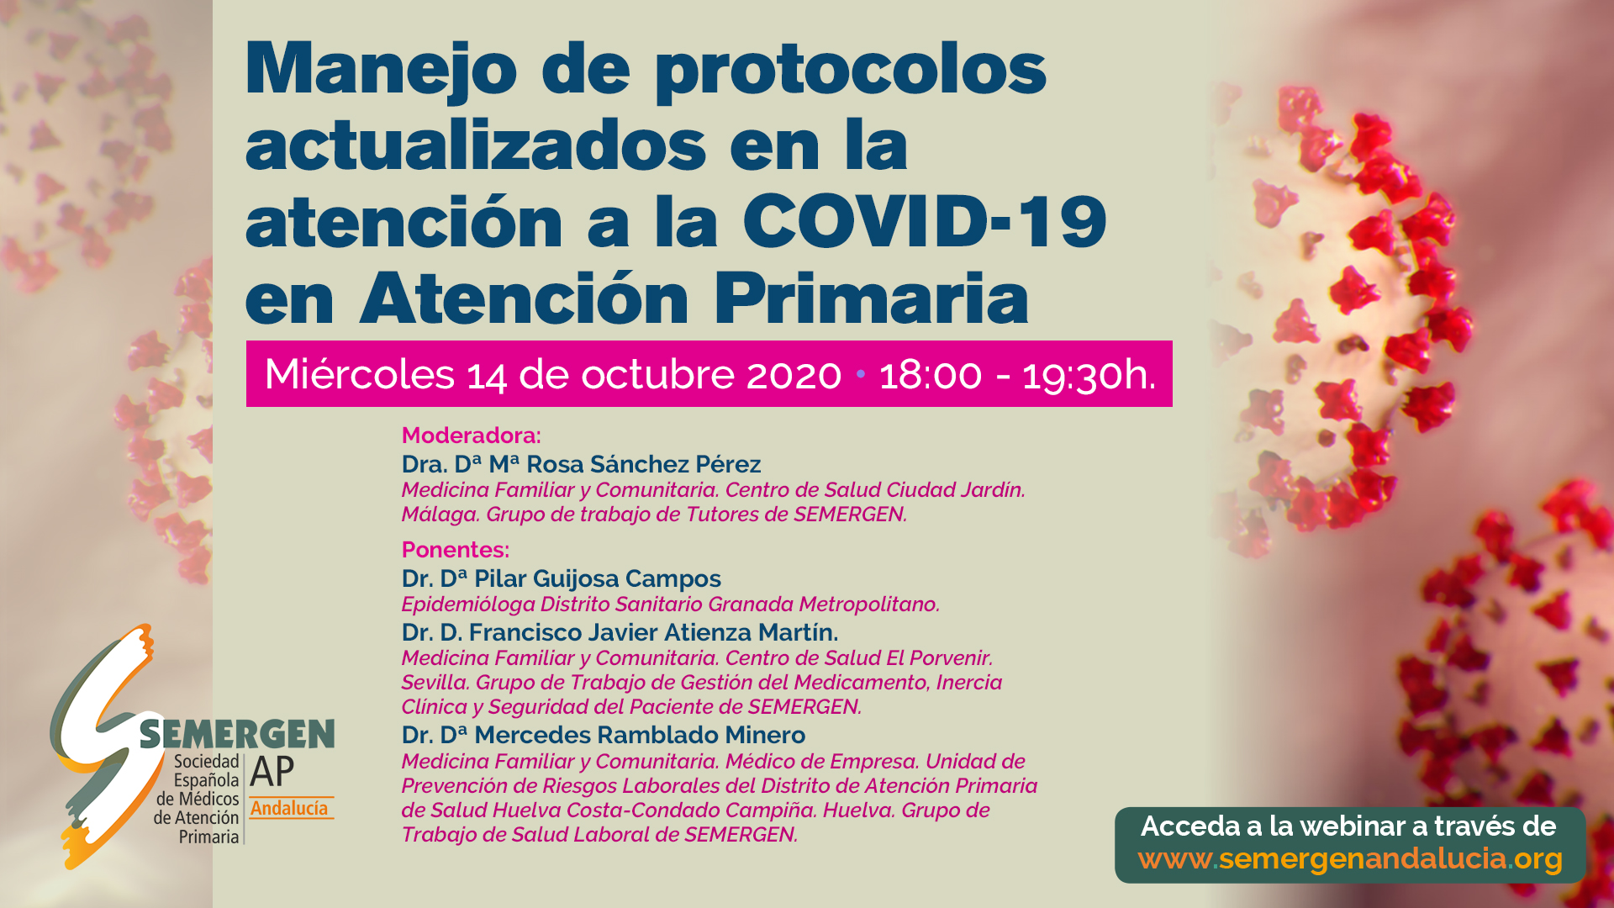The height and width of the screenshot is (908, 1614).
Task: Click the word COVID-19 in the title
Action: [925, 221]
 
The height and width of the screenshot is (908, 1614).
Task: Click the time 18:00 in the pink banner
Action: [931, 375]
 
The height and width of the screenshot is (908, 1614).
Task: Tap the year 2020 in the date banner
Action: [794, 375]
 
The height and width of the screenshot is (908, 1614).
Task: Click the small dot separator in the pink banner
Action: [860, 373]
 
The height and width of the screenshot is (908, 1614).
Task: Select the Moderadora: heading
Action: [472, 436]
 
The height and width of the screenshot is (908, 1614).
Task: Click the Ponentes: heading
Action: [456, 550]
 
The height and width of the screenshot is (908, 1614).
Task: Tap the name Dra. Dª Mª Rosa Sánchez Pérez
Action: [581, 464]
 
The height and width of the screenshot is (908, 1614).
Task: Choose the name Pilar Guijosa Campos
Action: [598, 579]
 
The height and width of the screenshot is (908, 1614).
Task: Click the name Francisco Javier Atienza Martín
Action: [653, 632]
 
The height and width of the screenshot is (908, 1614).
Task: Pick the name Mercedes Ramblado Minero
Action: [640, 735]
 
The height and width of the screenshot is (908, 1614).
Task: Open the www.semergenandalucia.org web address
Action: [1350, 859]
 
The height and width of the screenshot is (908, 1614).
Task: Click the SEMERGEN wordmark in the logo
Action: [237, 735]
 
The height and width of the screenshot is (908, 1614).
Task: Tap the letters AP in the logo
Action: [272, 771]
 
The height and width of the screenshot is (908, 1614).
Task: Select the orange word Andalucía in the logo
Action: [289, 809]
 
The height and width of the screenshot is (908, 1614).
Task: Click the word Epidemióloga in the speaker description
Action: [468, 604]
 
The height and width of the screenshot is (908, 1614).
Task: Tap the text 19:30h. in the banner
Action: [1089, 375]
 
